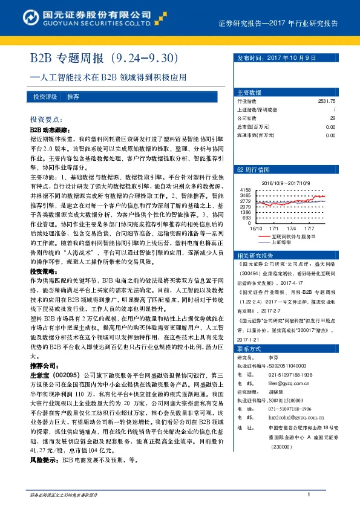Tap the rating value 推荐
[73, 97]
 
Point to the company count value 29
[332, 118]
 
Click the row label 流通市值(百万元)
[254, 135]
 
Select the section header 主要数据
[249, 92]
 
